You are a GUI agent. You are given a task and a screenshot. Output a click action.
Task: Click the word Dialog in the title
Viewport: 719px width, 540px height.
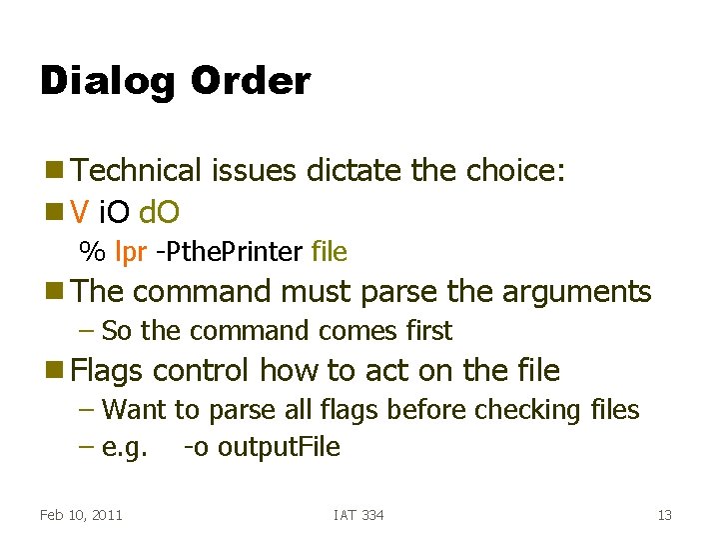(x=104, y=82)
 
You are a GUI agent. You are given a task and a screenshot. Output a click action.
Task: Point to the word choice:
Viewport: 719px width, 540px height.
(x=516, y=171)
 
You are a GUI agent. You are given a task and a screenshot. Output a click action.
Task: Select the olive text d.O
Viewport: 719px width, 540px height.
(x=160, y=212)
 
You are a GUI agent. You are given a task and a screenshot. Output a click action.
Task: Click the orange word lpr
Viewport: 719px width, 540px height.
(x=131, y=251)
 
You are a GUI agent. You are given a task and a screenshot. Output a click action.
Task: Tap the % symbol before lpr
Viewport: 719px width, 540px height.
(x=92, y=251)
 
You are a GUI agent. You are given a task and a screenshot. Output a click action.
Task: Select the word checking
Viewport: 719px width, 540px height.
(x=528, y=410)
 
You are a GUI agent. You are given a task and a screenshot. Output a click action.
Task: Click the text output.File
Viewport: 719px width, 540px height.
(x=279, y=447)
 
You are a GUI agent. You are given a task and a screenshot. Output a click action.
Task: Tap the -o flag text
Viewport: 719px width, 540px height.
(x=196, y=447)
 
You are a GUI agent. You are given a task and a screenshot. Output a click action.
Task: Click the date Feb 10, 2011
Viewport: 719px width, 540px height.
(x=81, y=515)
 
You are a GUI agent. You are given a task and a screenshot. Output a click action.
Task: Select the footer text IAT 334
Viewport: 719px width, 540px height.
(x=359, y=515)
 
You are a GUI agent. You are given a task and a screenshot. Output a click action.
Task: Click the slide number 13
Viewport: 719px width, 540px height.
(x=664, y=515)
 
